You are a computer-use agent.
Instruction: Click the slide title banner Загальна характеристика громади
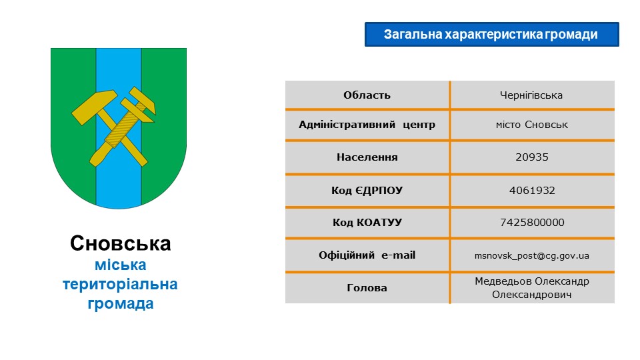pyautogui.click(x=491, y=34)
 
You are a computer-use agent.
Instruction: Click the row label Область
pyautogui.click(x=367, y=95)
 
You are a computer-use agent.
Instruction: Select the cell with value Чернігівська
pyautogui.click(x=531, y=95)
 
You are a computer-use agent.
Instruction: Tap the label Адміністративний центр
pyautogui.click(x=367, y=125)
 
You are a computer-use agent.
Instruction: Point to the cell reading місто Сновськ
pyautogui.click(x=531, y=125)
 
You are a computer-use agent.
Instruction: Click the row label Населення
pyautogui.click(x=367, y=157)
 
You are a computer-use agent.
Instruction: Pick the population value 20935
pyautogui.click(x=532, y=157)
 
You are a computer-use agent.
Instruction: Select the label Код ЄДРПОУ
pyautogui.click(x=367, y=190)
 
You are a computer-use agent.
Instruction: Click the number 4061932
pyautogui.click(x=532, y=190)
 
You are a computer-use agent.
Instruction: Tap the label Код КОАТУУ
pyautogui.click(x=367, y=223)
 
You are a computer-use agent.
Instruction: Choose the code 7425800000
pyautogui.click(x=532, y=223)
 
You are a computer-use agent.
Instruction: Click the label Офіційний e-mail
pyautogui.click(x=367, y=255)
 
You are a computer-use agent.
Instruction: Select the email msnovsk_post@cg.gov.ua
pyautogui.click(x=531, y=256)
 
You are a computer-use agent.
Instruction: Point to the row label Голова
pyautogui.click(x=367, y=288)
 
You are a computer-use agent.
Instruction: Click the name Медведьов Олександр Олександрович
pyautogui.click(x=531, y=288)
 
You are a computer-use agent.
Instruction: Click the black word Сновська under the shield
pyautogui.click(x=121, y=243)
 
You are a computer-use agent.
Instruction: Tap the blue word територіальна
pyautogui.click(x=120, y=284)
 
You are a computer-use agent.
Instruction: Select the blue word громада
pyautogui.click(x=121, y=303)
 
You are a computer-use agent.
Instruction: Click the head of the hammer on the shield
pyautogui.click(x=95, y=107)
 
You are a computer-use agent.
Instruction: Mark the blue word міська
pyautogui.click(x=121, y=265)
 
